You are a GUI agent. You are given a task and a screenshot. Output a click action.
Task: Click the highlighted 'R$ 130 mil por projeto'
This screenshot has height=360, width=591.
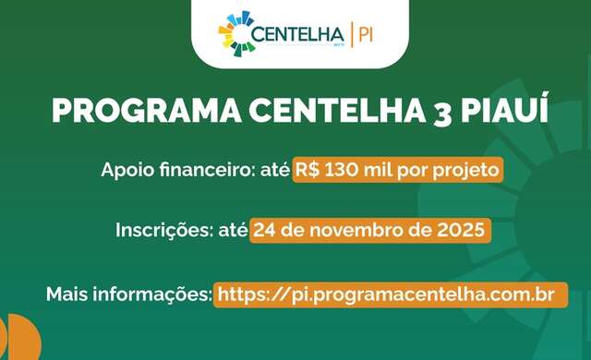click(398, 171)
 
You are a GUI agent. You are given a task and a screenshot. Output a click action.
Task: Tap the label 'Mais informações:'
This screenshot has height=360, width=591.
click(128, 295)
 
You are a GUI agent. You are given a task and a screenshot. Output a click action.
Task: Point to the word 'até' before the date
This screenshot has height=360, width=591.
click(230, 230)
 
